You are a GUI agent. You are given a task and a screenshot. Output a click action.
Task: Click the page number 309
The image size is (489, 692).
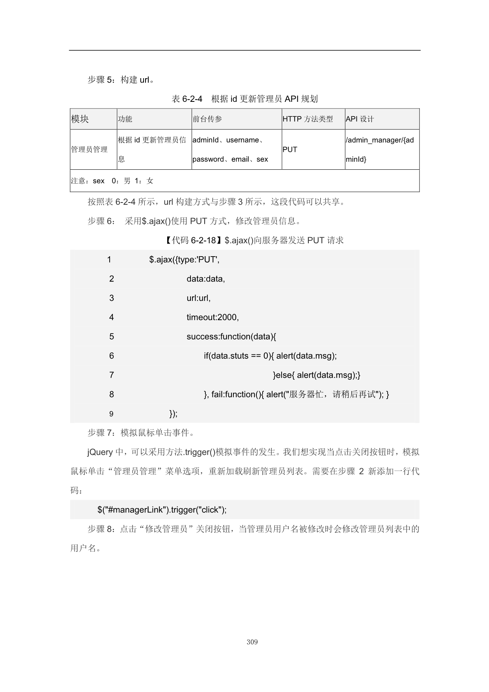click(x=252, y=642)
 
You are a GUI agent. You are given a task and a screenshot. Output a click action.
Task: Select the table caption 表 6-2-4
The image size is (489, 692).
click(x=187, y=99)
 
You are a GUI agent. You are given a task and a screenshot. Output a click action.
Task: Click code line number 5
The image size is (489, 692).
click(x=112, y=337)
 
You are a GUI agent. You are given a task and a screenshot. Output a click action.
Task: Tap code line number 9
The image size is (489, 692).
click(x=111, y=414)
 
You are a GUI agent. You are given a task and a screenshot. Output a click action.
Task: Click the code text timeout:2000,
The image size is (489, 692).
click(x=213, y=317)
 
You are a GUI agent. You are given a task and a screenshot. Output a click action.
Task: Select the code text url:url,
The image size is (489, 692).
click(x=198, y=298)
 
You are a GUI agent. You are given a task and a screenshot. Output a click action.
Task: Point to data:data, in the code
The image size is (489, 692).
click(x=205, y=279)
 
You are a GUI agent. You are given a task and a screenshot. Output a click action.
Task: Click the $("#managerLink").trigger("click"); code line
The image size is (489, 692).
click(x=162, y=510)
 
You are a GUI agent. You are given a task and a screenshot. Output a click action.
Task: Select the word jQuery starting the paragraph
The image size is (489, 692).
click(x=100, y=452)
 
